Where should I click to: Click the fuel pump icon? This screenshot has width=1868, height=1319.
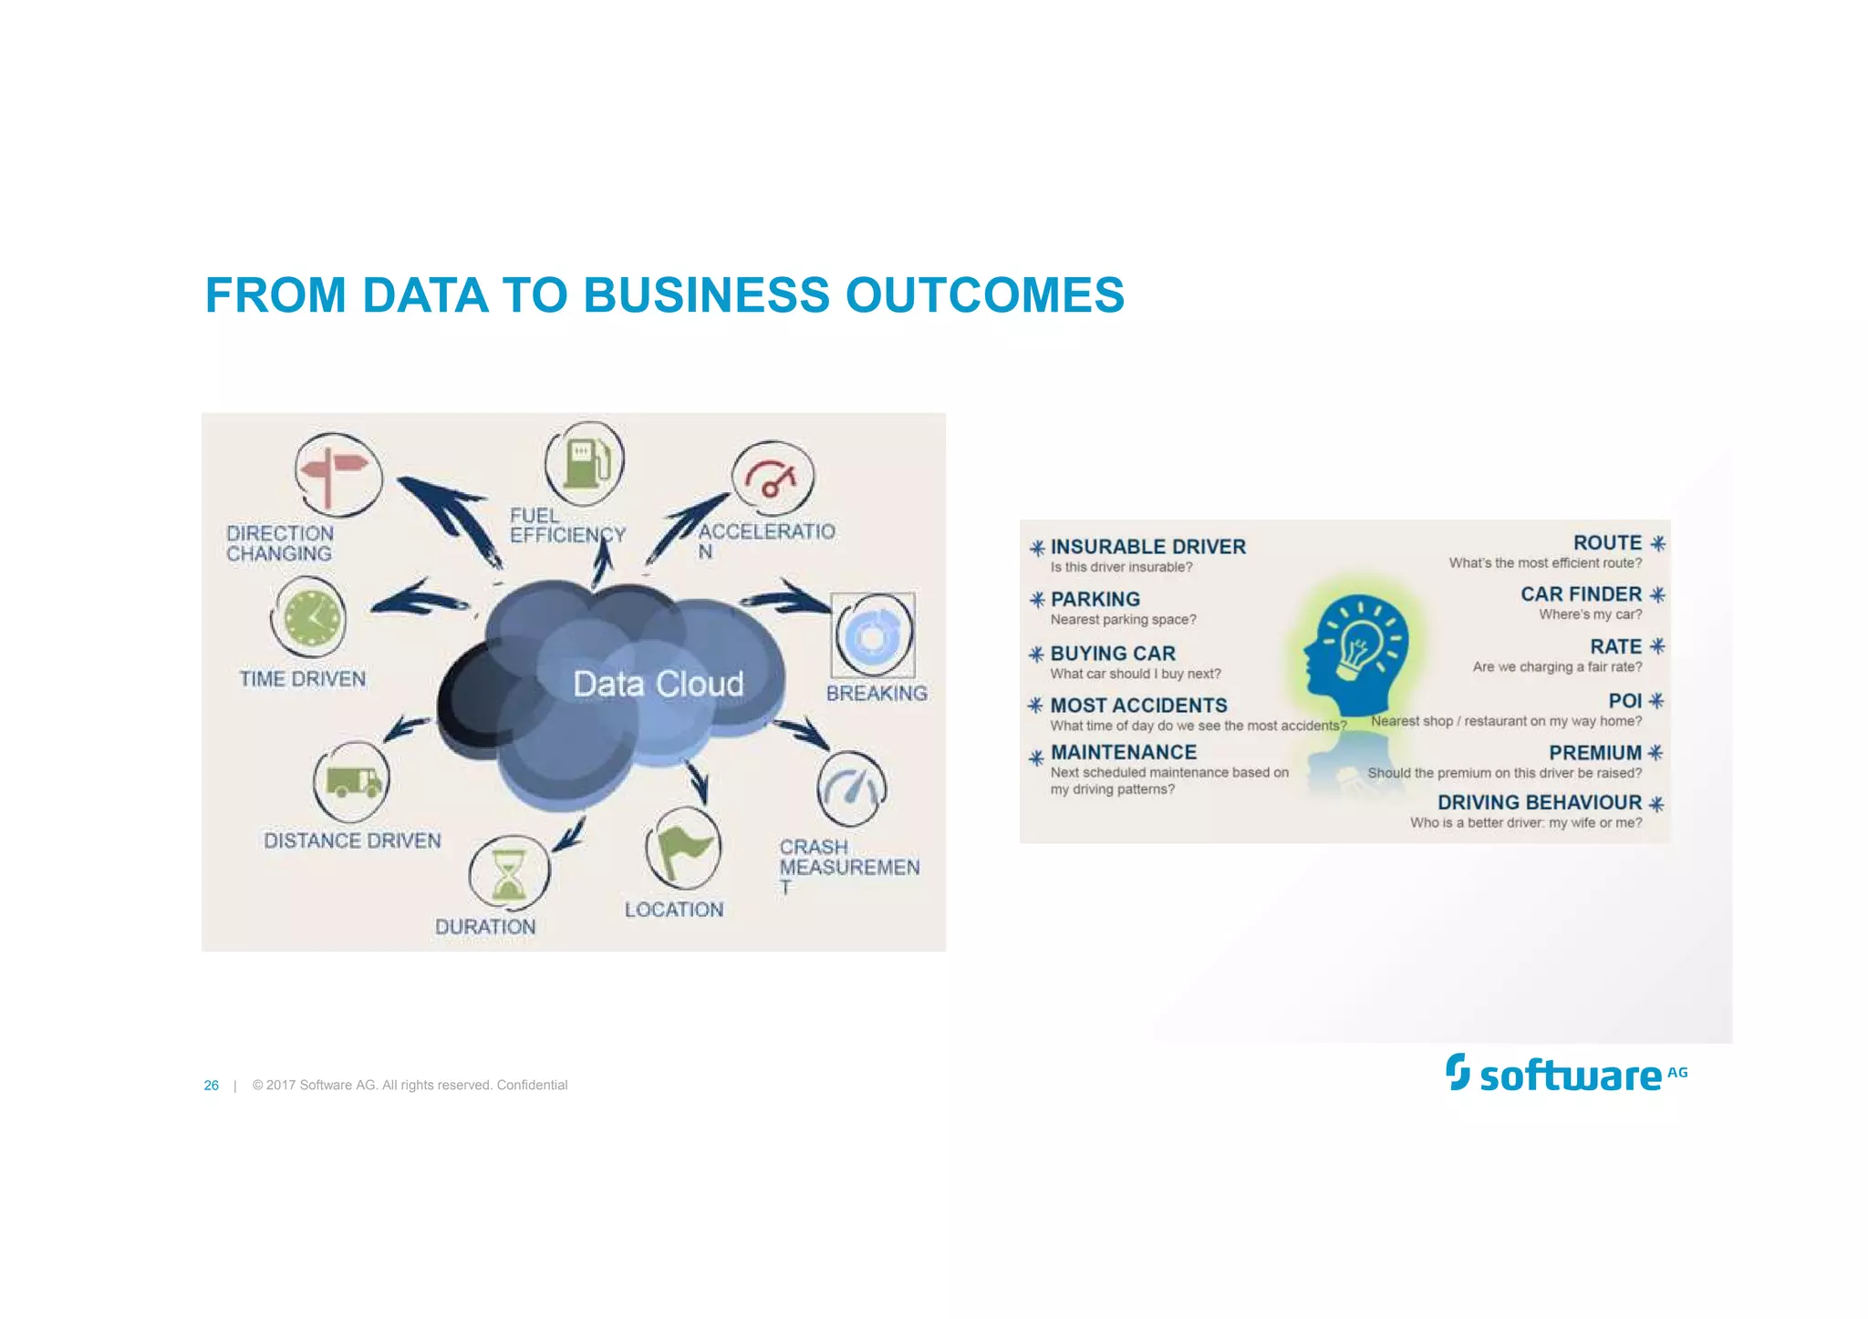pos(585,461)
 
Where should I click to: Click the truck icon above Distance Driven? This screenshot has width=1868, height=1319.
pos(352,781)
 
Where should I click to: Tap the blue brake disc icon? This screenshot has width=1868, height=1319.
pos(872,635)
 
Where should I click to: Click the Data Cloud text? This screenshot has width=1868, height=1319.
pos(658,684)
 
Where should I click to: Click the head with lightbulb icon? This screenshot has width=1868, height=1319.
pos(1356,653)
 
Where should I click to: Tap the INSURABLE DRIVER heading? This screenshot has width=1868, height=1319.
pos(1147,547)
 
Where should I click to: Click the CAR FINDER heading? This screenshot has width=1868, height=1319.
pos(1580,594)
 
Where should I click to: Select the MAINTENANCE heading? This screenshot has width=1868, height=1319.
pos(1123,752)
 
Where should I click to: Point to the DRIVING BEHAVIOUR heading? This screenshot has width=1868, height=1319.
pos(1539,802)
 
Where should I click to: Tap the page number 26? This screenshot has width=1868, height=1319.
pos(212,1086)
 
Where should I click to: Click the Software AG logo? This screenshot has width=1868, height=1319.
pos(1565,1074)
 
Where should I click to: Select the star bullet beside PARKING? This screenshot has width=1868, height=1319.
pos(1037,600)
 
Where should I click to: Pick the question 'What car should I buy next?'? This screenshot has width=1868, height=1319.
pos(1135,674)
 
